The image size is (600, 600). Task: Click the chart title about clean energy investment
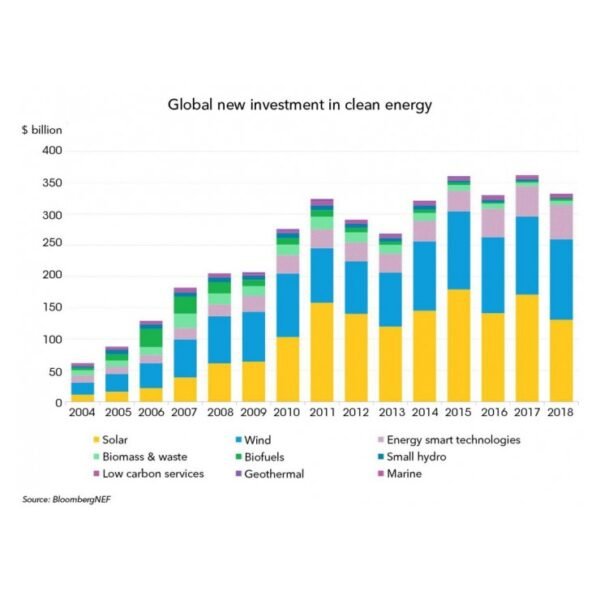tap(299, 103)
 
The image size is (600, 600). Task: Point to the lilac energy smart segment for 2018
tap(562, 221)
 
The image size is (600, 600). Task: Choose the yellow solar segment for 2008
tap(219, 382)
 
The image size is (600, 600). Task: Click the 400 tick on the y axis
tap(51, 151)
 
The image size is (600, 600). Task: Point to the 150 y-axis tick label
tap(51, 307)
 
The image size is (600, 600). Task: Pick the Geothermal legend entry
tap(273, 473)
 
